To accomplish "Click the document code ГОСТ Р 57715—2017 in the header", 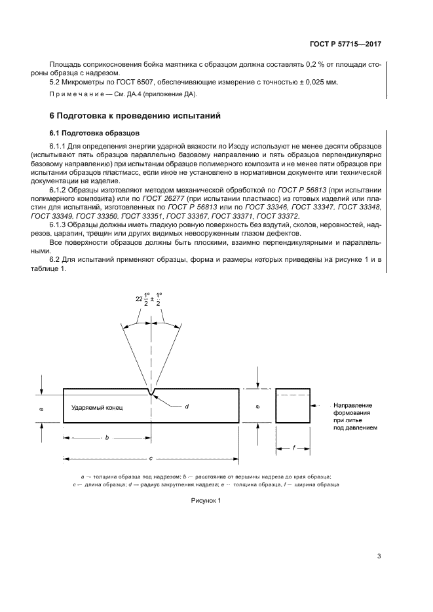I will coord(345,44).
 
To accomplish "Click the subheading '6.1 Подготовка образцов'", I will coord(88,133).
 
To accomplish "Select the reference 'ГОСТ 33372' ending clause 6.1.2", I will coord(278,215).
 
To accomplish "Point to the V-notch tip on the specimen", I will coord(152,394).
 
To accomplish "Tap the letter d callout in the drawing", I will coord(187,406).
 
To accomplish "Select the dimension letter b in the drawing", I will coord(107,437).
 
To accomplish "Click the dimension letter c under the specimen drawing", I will coord(151,458).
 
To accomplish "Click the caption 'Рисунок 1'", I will coord(206,500).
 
